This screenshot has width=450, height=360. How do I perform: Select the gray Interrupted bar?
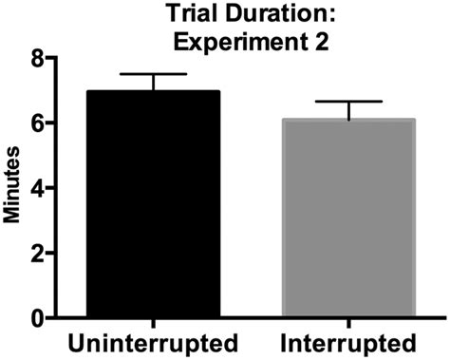pos(348,218)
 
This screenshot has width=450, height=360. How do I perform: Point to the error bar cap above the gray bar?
pos(348,102)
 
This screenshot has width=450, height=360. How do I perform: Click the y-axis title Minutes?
pos(13,186)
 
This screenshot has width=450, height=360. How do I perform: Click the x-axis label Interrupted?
pos(348,342)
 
